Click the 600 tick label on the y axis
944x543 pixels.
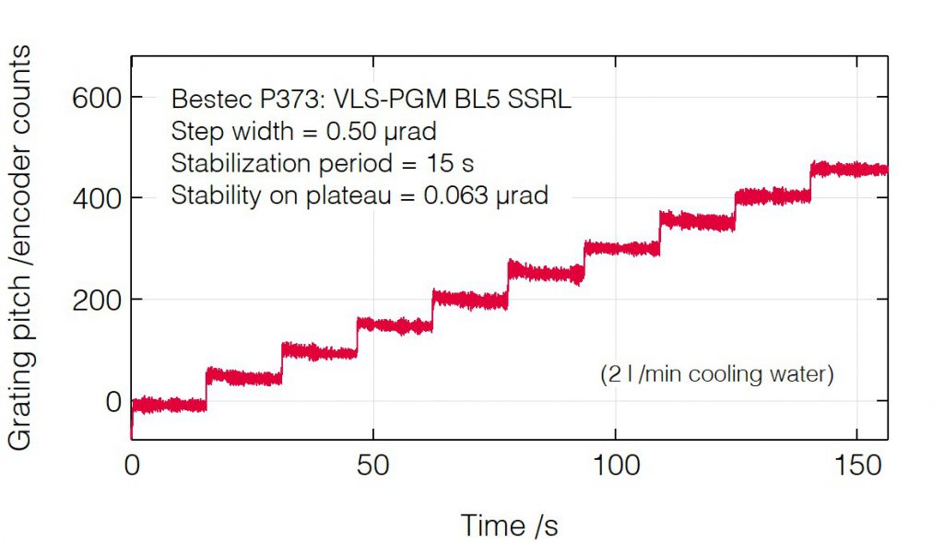pos(97,98)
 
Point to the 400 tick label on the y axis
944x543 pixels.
pos(97,198)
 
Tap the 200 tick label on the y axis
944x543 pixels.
pos(97,300)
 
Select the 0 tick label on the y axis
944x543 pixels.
pos(113,401)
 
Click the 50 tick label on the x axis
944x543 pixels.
pos(373,466)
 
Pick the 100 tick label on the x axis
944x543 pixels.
pos(616,466)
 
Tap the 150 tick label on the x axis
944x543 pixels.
pos(858,466)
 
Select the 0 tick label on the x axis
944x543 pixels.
pos(132,466)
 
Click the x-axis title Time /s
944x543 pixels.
pos(509,525)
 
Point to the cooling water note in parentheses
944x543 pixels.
pos(716,375)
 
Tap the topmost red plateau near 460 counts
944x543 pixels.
pos(848,169)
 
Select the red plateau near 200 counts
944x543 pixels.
pos(469,299)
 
